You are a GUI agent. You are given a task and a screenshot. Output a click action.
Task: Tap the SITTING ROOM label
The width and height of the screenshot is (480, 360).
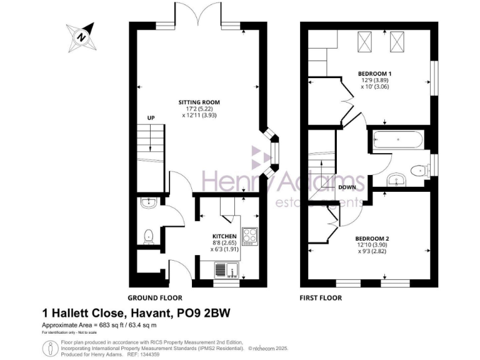click(199, 102)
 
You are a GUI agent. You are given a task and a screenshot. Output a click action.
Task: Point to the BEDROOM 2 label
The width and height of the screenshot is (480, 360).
click(372, 239)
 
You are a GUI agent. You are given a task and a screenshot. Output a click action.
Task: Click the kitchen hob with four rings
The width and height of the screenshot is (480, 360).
click(250, 235)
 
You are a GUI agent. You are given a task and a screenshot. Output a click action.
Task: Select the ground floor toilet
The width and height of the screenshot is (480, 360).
click(149, 236)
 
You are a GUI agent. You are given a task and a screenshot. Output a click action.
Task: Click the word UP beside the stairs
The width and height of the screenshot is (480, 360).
click(151, 117)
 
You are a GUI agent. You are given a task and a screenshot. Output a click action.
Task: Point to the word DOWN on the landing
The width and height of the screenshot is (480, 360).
click(347, 187)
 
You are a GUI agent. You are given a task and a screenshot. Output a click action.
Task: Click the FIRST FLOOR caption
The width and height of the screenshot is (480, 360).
click(321, 298)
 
